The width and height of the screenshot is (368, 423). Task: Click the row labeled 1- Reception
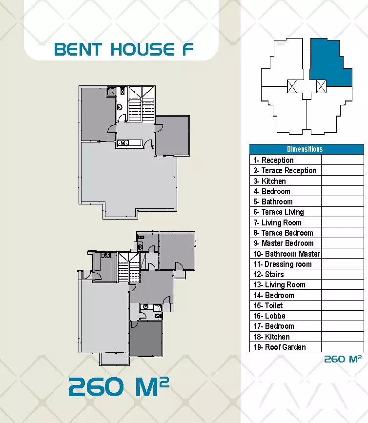tap(273, 160)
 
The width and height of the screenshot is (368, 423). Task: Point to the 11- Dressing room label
tap(283, 264)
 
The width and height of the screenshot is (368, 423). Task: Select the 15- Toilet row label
tap(268, 305)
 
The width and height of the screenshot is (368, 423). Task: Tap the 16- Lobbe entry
tap(269, 316)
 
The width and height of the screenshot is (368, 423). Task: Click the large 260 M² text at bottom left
tap(118, 388)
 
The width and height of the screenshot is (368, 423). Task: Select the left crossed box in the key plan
tap(292, 86)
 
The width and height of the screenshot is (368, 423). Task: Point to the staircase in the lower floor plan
tap(129, 267)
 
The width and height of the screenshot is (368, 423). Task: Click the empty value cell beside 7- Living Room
tap(342, 222)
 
